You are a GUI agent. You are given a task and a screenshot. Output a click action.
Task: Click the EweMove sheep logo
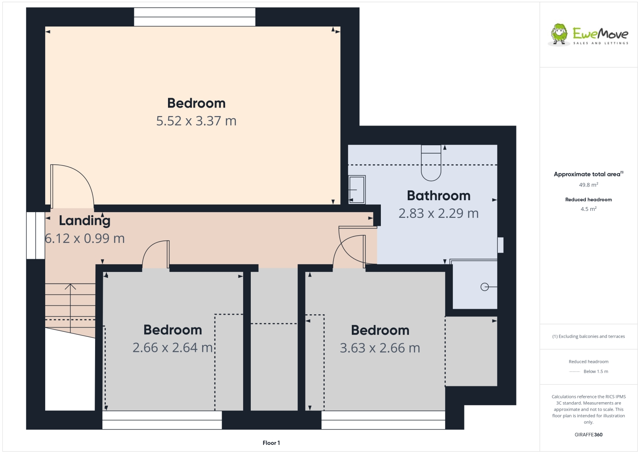[559, 34]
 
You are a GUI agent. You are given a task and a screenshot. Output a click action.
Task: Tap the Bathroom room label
[438, 196]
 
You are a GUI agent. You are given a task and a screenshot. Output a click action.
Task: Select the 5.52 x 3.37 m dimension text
[196, 121]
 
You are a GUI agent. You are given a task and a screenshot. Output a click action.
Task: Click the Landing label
[84, 220]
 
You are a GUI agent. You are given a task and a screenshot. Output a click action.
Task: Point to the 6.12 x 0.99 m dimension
[85, 239]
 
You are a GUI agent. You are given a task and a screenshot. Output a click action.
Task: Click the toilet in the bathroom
[431, 164]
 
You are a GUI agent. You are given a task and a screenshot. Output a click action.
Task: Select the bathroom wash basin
[357, 189]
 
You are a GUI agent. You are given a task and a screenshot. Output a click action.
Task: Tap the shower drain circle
[484, 287]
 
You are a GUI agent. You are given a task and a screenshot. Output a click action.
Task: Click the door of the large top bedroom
[72, 186]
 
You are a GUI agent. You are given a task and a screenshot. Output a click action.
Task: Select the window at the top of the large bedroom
[194, 17]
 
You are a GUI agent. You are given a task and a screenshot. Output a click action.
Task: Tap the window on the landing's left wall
[35, 235]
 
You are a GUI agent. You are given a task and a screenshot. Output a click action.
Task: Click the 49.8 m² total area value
[588, 185]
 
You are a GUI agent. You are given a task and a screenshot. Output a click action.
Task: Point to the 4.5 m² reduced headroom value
[588, 209]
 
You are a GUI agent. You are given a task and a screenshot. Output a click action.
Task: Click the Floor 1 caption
[271, 443]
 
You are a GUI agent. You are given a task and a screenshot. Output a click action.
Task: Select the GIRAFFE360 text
[588, 435]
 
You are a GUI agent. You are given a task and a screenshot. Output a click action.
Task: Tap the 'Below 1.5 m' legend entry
[595, 371]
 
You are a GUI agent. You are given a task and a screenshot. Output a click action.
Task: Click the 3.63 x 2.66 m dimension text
[380, 348]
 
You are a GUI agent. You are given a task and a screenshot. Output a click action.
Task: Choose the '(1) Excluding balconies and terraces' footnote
[588, 336]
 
